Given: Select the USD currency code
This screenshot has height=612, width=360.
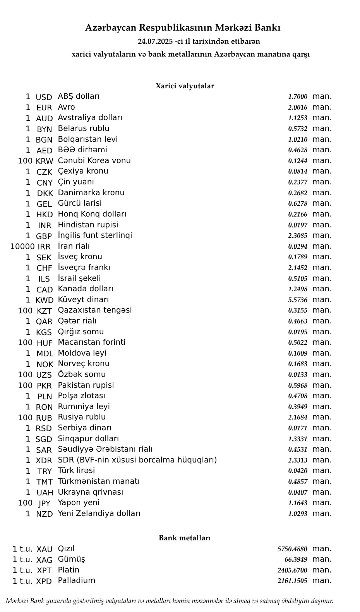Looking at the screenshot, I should pos(44,97).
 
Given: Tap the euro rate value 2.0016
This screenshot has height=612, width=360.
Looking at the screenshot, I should pos(298,108).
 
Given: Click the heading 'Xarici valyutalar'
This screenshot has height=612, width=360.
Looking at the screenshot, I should pos(185,86).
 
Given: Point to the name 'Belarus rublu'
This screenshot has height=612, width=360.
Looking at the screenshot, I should pos(84,129).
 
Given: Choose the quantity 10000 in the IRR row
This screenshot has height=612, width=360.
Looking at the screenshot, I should pos(22,246).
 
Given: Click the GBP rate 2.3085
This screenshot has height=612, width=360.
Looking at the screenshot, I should pos(298,236).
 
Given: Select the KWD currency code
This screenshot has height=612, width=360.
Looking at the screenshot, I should pos(45,300).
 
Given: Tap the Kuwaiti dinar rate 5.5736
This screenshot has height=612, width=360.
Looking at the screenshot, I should pos(298,300).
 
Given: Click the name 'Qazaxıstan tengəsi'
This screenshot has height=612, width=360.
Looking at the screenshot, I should pos(95,310).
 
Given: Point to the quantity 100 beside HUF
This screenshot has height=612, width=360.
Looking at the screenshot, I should pos(25,342).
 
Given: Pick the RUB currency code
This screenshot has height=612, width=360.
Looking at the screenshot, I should pos(44,418).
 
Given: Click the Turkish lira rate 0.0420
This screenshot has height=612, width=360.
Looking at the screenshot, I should pos(298,471).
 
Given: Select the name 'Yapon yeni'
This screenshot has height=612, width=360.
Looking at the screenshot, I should pos(79,503).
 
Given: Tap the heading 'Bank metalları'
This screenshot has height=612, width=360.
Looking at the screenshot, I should pos(185,538).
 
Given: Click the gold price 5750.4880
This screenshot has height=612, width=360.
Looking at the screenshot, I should pos(292,549).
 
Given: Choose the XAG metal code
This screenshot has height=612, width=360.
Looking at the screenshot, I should pos(44,560).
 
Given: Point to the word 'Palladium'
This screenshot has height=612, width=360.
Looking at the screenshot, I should pos(77,581).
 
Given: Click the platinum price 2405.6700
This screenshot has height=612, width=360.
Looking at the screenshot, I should pos(292,570).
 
